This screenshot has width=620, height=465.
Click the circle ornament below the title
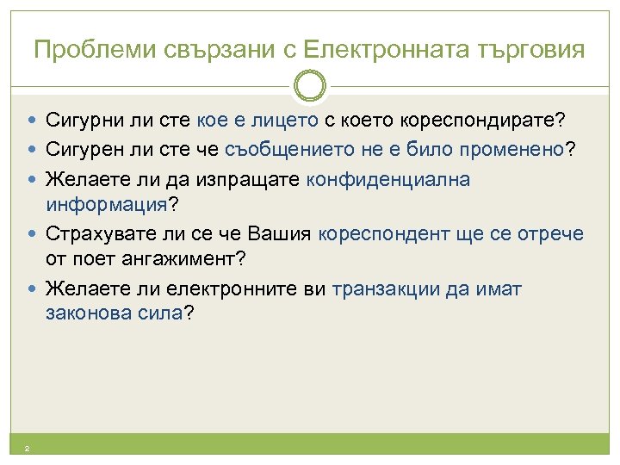310,86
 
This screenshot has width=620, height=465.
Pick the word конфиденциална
387,180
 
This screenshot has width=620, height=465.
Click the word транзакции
387,288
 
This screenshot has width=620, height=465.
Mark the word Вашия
280,234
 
